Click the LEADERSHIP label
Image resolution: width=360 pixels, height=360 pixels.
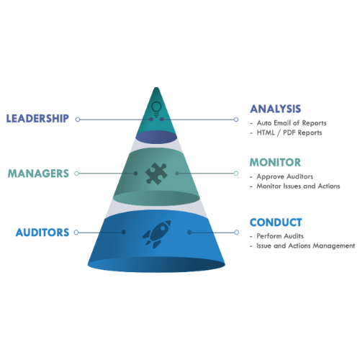(x=37, y=119)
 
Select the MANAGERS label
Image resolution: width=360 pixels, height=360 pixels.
(x=38, y=174)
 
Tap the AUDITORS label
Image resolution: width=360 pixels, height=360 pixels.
(x=42, y=233)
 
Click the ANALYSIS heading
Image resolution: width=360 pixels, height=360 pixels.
(x=276, y=109)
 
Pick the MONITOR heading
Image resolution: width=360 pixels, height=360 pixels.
(x=275, y=163)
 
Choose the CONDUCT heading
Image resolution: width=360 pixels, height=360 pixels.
(x=276, y=222)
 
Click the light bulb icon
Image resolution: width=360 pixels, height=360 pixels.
(x=156, y=109)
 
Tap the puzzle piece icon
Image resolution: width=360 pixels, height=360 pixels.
(x=156, y=174)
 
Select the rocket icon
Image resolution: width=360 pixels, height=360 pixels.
(x=157, y=234)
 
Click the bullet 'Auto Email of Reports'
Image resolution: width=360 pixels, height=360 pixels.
(x=292, y=123)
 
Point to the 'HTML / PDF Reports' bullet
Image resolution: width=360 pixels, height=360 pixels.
(x=289, y=132)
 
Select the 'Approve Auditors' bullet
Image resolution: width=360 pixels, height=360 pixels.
(x=285, y=176)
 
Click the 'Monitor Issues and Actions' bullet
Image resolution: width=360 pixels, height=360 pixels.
(x=298, y=186)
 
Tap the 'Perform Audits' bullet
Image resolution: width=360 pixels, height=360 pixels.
(x=280, y=236)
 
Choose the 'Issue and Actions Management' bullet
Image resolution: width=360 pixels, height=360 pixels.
(x=306, y=246)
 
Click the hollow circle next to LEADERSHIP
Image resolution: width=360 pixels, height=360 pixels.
(x=78, y=120)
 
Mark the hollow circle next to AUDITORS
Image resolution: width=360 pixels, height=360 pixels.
(x=76, y=233)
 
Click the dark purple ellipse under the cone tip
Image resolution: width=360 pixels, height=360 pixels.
(x=156, y=138)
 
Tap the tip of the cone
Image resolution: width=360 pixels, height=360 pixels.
(x=156, y=88)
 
